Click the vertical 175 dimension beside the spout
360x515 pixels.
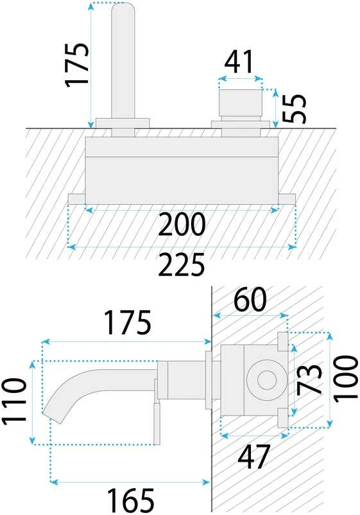coord(77,64)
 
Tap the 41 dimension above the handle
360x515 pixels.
coord(239,62)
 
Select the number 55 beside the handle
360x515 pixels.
coord(294,109)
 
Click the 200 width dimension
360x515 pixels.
coord(182,225)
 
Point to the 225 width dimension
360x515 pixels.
coord(182,264)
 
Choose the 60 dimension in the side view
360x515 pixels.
coord(250,299)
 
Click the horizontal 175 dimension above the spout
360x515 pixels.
coord(128,322)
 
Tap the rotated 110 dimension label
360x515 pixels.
coord(13,402)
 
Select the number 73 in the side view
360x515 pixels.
coord(309,380)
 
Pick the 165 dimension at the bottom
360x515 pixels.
coord(131,500)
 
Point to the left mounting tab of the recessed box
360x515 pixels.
coord(77,199)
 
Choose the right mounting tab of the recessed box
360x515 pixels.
coord(287,199)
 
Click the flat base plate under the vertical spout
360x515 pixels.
coord(123,123)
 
